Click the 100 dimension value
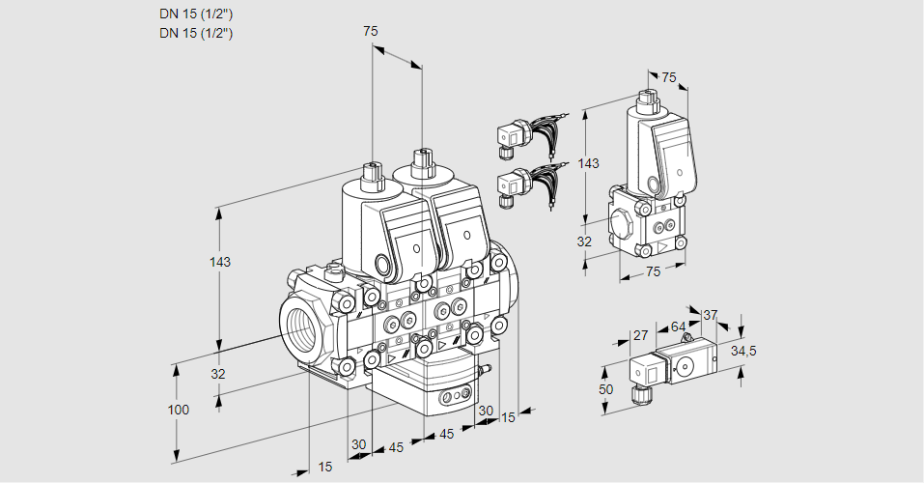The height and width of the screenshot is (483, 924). coord(178,410)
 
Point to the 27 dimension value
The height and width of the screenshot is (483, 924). coord(639,335)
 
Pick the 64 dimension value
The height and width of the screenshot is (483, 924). coord(678,327)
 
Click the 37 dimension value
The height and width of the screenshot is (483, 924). coord(711,315)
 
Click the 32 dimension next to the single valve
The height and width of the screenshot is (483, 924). coord(583,241)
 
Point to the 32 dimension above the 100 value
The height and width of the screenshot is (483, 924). coord(217,374)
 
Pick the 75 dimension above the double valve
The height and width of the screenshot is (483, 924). coord(371,32)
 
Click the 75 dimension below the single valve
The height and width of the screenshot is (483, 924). coord(653,272)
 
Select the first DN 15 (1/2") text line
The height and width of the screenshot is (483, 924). coord(196,14)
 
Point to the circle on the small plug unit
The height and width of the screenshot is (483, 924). coord(687,366)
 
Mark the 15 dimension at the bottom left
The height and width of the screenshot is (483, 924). coord(325,468)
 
